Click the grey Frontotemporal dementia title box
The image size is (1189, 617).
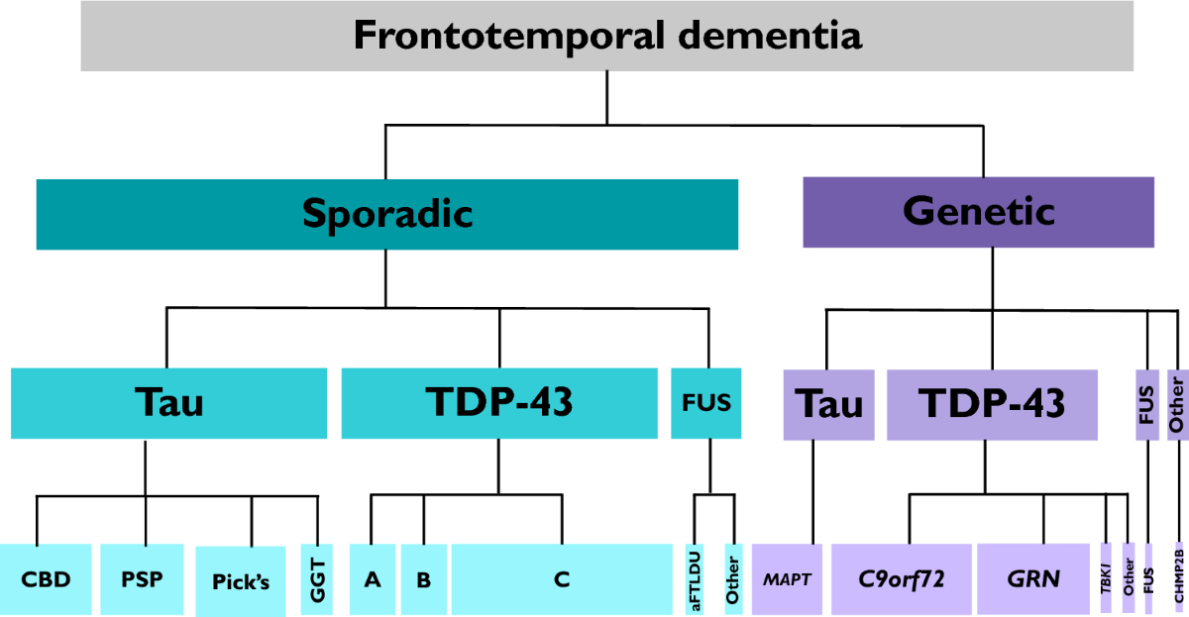click(607, 37)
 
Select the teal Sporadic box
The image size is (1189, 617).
click(386, 213)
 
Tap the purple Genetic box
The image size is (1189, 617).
click(978, 211)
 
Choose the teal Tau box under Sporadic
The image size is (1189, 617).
click(168, 403)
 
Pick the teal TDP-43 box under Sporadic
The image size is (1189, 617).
click(498, 403)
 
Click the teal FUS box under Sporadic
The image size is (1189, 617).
click(706, 403)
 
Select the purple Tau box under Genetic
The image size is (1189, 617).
click(828, 405)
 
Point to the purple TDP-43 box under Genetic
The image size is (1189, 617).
click(992, 405)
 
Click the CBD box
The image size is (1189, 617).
click(47, 579)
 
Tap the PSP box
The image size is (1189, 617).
click(141, 579)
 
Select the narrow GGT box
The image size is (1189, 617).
click(317, 579)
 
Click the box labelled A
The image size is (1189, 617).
click(373, 579)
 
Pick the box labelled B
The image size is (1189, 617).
click(424, 579)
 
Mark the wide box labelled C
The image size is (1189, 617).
click(562, 579)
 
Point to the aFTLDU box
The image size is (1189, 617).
click(696, 579)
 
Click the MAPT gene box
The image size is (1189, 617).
click(788, 579)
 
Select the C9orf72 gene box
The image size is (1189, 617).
click(901, 579)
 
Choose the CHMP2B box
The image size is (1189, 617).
click(1179, 579)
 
